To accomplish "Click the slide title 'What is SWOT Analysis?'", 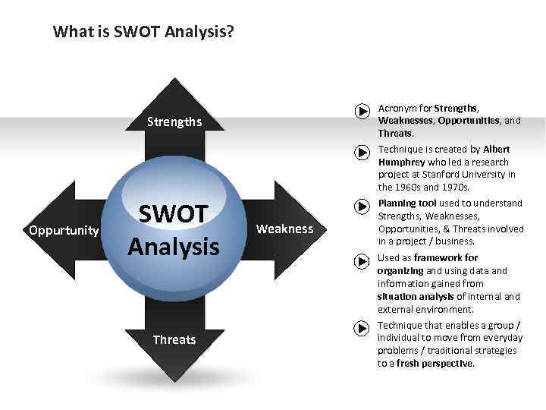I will (x=143, y=32).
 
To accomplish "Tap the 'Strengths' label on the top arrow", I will (x=174, y=121).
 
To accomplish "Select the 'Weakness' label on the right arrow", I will (x=284, y=229).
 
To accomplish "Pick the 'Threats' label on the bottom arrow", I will (x=174, y=339).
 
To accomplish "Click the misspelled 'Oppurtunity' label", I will (x=63, y=229).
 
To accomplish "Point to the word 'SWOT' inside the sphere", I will (x=174, y=215).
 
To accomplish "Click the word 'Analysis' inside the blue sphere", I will (x=174, y=246).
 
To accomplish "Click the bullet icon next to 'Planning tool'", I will (x=362, y=204).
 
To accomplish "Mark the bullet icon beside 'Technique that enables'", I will (x=362, y=327).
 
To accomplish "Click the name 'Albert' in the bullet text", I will (x=496, y=149).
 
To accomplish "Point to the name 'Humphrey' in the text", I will (x=401, y=162).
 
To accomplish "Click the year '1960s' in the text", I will (x=411, y=187).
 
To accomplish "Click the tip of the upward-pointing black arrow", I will (x=175, y=80).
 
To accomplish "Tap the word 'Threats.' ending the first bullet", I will (x=396, y=133).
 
